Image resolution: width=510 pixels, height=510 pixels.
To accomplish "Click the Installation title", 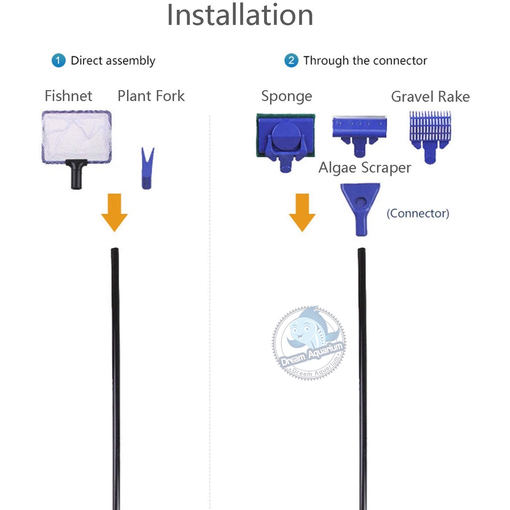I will [x=240, y=15].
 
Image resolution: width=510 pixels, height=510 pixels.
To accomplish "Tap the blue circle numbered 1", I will [x=58, y=61].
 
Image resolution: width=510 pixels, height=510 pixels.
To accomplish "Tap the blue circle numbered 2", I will [x=291, y=61].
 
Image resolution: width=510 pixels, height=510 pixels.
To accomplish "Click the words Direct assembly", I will [x=113, y=61].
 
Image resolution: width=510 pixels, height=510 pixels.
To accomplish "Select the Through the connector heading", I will [x=365, y=61].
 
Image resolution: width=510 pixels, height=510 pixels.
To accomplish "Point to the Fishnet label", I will [x=68, y=96].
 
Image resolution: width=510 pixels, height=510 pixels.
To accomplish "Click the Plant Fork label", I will [x=151, y=96].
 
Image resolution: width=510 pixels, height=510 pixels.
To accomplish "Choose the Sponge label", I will [x=286, y=96].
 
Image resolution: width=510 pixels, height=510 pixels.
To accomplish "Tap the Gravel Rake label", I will [x=430, y=96].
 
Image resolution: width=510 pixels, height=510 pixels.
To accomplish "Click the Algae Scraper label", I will [x=365, y=168].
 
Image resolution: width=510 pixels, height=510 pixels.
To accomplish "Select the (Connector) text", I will [x=418, y=213].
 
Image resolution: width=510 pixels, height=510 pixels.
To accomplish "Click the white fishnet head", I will [x=76, y=136].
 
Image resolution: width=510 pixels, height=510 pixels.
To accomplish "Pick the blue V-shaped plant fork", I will [x=147, y=168].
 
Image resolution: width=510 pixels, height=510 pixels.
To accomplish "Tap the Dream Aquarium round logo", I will [x=309, y=343].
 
